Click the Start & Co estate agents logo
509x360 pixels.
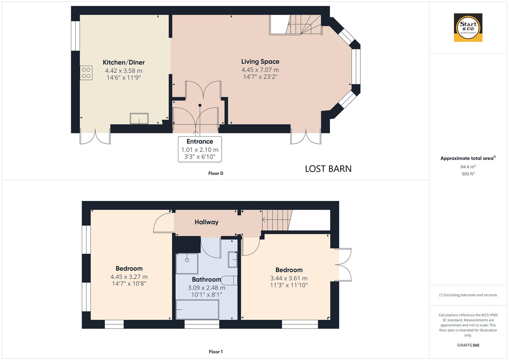[468, 27]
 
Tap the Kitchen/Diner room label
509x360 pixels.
[124, 62]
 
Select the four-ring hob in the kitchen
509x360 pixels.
[86, 73]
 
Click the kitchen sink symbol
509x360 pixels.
[139, 119]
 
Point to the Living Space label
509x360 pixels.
[260, 62]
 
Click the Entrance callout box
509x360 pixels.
[200, 149]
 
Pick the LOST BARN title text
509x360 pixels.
[328, 169]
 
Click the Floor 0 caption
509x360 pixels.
[215, 173]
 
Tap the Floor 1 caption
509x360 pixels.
[215, 352]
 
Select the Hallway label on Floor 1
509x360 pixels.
[206, 222]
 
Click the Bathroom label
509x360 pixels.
[206, 279]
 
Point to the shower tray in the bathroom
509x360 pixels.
[187, 263]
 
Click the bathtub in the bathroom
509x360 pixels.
[197, 310]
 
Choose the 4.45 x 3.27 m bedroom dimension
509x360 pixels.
[129, 277]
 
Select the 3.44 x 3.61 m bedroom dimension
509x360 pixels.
[289, 278]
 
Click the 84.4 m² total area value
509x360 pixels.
[468, 167]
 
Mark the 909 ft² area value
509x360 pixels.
[468, 174]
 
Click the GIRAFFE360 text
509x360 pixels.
[468, 345]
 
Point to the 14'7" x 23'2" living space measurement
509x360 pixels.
[260, 77]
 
